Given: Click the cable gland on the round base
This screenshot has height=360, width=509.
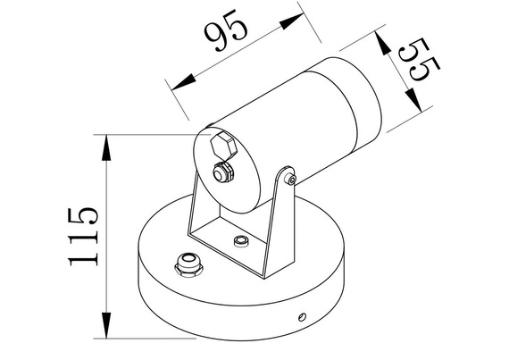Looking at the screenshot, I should pyautogui.click(x=188, y=264).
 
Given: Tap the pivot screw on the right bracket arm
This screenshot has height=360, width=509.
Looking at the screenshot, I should pyautogui.click(x=293, y=180).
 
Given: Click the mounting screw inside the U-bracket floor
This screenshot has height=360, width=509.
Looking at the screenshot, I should pyautogui.click(x=239, y=241).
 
